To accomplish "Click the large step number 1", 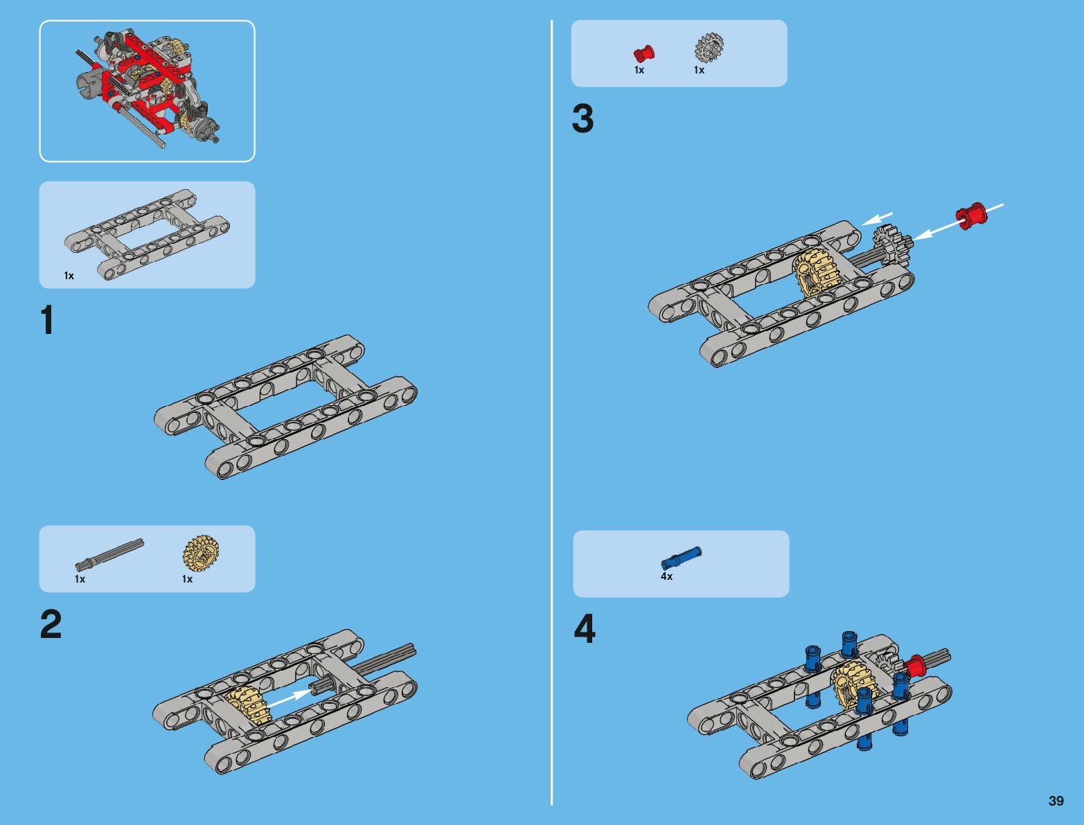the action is click(47, 321).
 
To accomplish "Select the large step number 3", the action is click(583, 119).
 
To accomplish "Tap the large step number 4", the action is click(584, 630).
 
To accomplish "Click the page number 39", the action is click(1056, 801).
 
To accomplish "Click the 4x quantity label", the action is click(666, 576).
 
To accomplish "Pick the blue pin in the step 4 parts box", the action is click(682, 557).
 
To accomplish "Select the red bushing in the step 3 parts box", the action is click(643, 53).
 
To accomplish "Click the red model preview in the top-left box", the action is click(147, 87).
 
